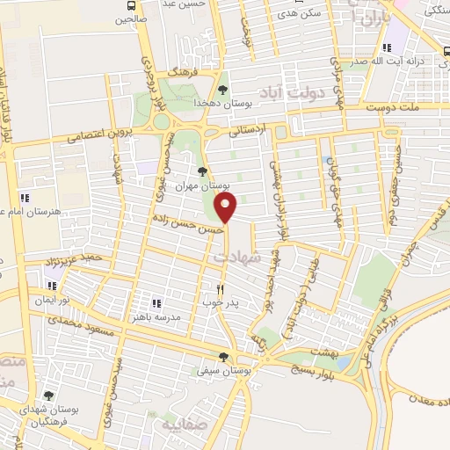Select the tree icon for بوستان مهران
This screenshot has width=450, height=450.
(x=203, y=171)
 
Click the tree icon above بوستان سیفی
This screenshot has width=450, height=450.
(x=224, y=357)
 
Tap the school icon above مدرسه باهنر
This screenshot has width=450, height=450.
(x=156, y=304)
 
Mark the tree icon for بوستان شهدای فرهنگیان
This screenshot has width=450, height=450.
(x=47, y=397)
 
